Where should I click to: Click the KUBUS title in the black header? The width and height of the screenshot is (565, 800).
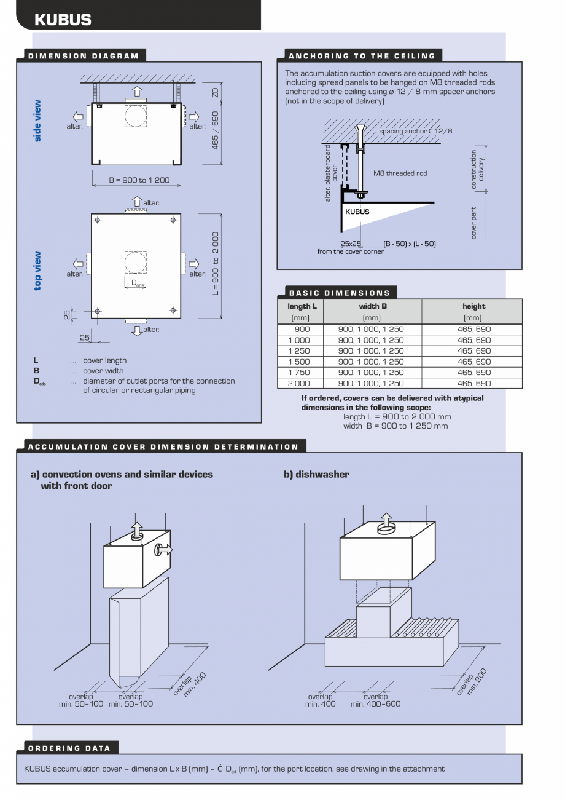pyautogui.click(x=63, y=20)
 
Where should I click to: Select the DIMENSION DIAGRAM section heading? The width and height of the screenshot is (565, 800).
pyautogui.click(x=84, y=56)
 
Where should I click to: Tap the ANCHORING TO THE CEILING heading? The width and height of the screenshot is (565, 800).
pyautogui.click(x=362, y=56)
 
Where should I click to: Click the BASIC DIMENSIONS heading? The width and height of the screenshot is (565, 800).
pyautogui.click(x=340, y=293)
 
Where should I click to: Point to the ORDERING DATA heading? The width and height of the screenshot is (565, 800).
pyautogui.click(x=69, y=748)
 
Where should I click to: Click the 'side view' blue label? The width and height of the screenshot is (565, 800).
pyautogui.click(x=38, y=121)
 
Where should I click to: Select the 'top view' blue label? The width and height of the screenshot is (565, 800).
pyautogui.click(x=38, y=271)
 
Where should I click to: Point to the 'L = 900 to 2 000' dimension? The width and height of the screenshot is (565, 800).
pyautogui.click(x=216, y=263)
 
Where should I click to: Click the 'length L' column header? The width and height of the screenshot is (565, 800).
pyautogui.click(x=302, y=306)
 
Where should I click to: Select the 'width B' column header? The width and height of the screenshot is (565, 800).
pyautogui.click(x=372, y=306)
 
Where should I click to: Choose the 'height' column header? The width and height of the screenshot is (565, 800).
pyautogui.click(x=473, y=306)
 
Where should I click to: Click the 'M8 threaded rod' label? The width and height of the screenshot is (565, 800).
pyautogui.click(x=400, y=173)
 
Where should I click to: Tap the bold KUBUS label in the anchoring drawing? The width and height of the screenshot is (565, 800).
pyautogui.click(x=357, y=212)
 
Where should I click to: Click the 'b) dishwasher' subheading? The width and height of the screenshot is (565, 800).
pyautogui.click(x=316, y=474)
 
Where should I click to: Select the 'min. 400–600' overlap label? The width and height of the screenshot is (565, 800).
pyautogui.click(x=375, y=703)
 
